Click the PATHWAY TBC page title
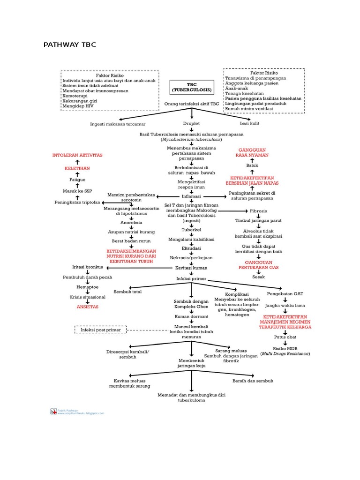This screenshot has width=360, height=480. click(69, 45)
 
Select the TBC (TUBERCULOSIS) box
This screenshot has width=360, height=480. click(191, 87)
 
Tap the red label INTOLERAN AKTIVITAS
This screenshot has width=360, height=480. click(77, 155)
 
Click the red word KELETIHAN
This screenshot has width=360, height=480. click(77, 167)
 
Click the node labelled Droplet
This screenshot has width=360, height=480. click(191, 123)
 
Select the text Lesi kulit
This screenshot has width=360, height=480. click(249, 123)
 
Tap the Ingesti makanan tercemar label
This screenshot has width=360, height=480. click(118, 124)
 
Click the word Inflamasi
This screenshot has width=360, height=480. click(191, 196)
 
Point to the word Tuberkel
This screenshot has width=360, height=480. click(191, 230)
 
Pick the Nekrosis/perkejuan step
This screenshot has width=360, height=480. click(191, 257)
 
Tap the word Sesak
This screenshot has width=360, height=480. click(258, 277)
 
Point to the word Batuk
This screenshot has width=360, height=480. click(252, 165)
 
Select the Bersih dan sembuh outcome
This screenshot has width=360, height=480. click(253, 381)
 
